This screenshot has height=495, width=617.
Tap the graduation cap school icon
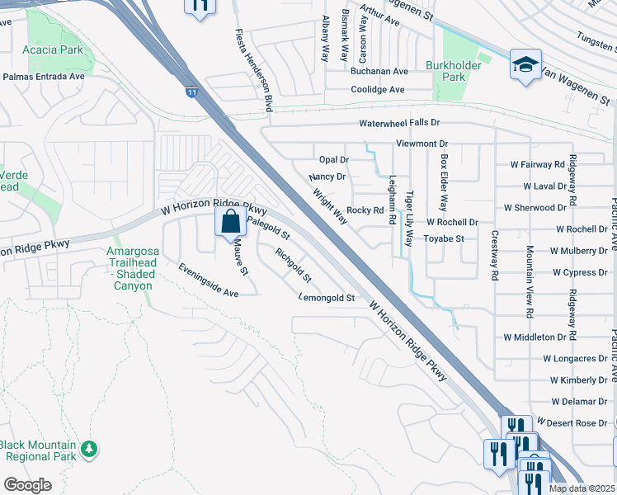pos(525,66)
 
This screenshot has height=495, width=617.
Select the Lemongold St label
pos(327,297)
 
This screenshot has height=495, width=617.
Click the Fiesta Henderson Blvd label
pos(255,70)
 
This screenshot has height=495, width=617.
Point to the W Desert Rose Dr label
pos(572,423)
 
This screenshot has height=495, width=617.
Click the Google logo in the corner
pos(27,484)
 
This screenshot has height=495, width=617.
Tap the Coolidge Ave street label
pos(378,89)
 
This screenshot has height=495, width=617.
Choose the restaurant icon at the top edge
pos(199,7)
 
